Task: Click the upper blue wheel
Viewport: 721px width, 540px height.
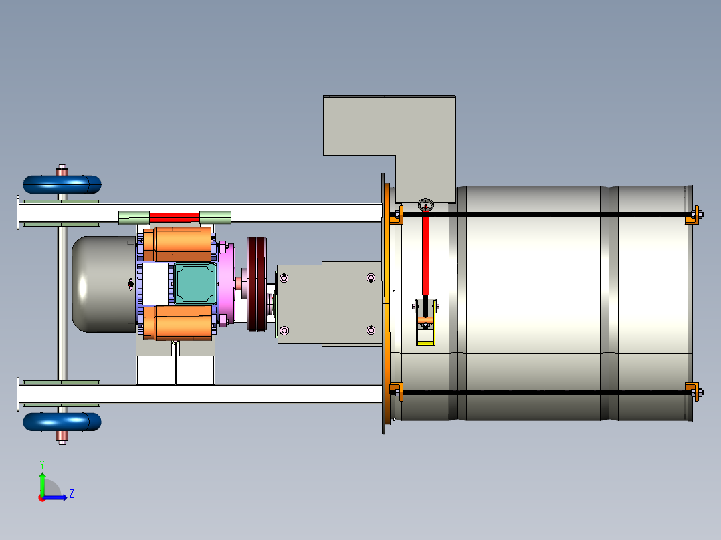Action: tap(62, 184)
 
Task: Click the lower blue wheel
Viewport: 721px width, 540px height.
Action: tap(62, 422)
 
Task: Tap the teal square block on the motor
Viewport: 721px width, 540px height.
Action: tap(196, 283)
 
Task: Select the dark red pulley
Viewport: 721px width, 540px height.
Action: tap(257, 284)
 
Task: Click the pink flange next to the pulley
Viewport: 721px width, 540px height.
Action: tap(227, 284)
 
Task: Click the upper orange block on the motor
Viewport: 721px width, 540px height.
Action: tap(177, 245)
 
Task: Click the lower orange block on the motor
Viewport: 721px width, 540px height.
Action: tap(177, 323)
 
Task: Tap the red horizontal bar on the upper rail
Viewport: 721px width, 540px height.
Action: tap(175, 217)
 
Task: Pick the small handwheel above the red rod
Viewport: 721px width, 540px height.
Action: tap(426, 205)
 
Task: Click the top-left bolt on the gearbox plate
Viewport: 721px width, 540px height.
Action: tap(284, 278)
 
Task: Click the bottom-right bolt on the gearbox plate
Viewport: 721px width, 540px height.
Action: tap(371, 330)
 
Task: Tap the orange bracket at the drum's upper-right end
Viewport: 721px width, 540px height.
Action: tap(692, 215)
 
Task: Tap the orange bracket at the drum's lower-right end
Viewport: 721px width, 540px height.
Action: tap(692, 392)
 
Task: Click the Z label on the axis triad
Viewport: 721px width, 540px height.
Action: tap(72, 494)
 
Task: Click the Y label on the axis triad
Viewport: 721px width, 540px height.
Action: tap(42, 465)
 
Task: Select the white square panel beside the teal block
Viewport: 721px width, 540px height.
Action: tap(155, 283)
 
